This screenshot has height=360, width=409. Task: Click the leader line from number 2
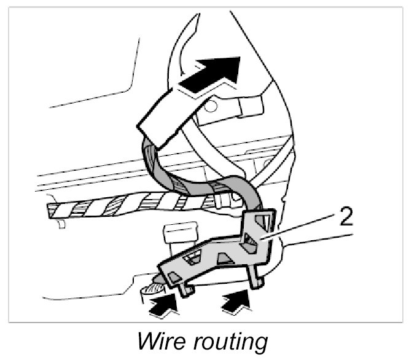301,227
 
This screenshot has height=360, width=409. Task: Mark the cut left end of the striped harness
52,211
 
